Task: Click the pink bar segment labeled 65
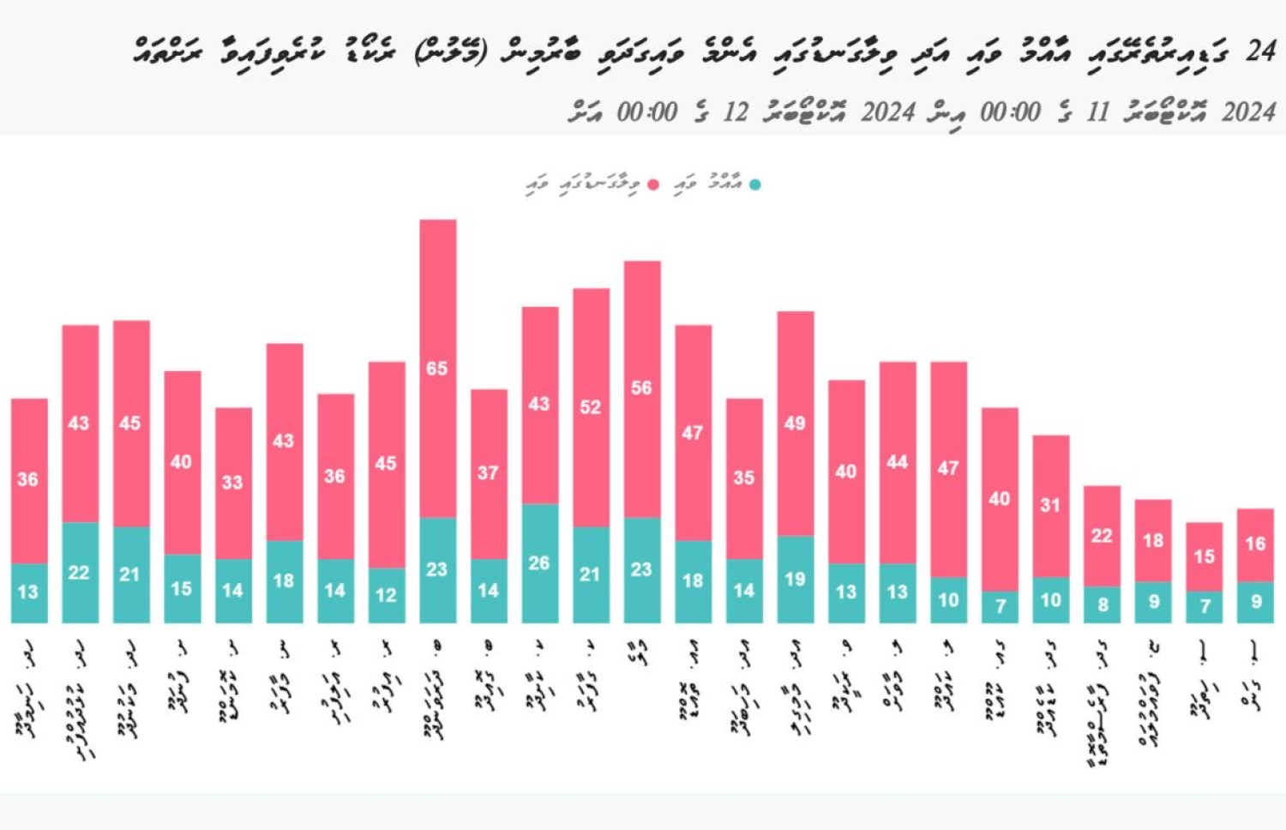pos(437,369)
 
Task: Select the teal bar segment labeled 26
pos(539,562)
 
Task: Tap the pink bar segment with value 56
pos(641,388)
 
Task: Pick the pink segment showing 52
pos(591,407)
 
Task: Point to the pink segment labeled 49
pos(795,423)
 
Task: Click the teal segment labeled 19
pos(795,579)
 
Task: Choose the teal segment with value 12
pos(386,594)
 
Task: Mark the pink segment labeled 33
pos(233,483)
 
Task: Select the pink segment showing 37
pos(488,473)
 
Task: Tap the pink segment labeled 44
pos(897,462)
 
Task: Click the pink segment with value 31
pos(1050,505)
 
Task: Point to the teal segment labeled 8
pos(1102,604)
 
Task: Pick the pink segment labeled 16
pos(1255,544)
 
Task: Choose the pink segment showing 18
pos(1153,540)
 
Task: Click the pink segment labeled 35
pos(743,478)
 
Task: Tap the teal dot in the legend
pos(754,184)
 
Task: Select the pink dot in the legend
pos(653,184)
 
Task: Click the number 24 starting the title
pos(1260,51)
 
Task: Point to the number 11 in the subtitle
pos(1097,112)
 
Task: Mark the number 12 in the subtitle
pos(735,112)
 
